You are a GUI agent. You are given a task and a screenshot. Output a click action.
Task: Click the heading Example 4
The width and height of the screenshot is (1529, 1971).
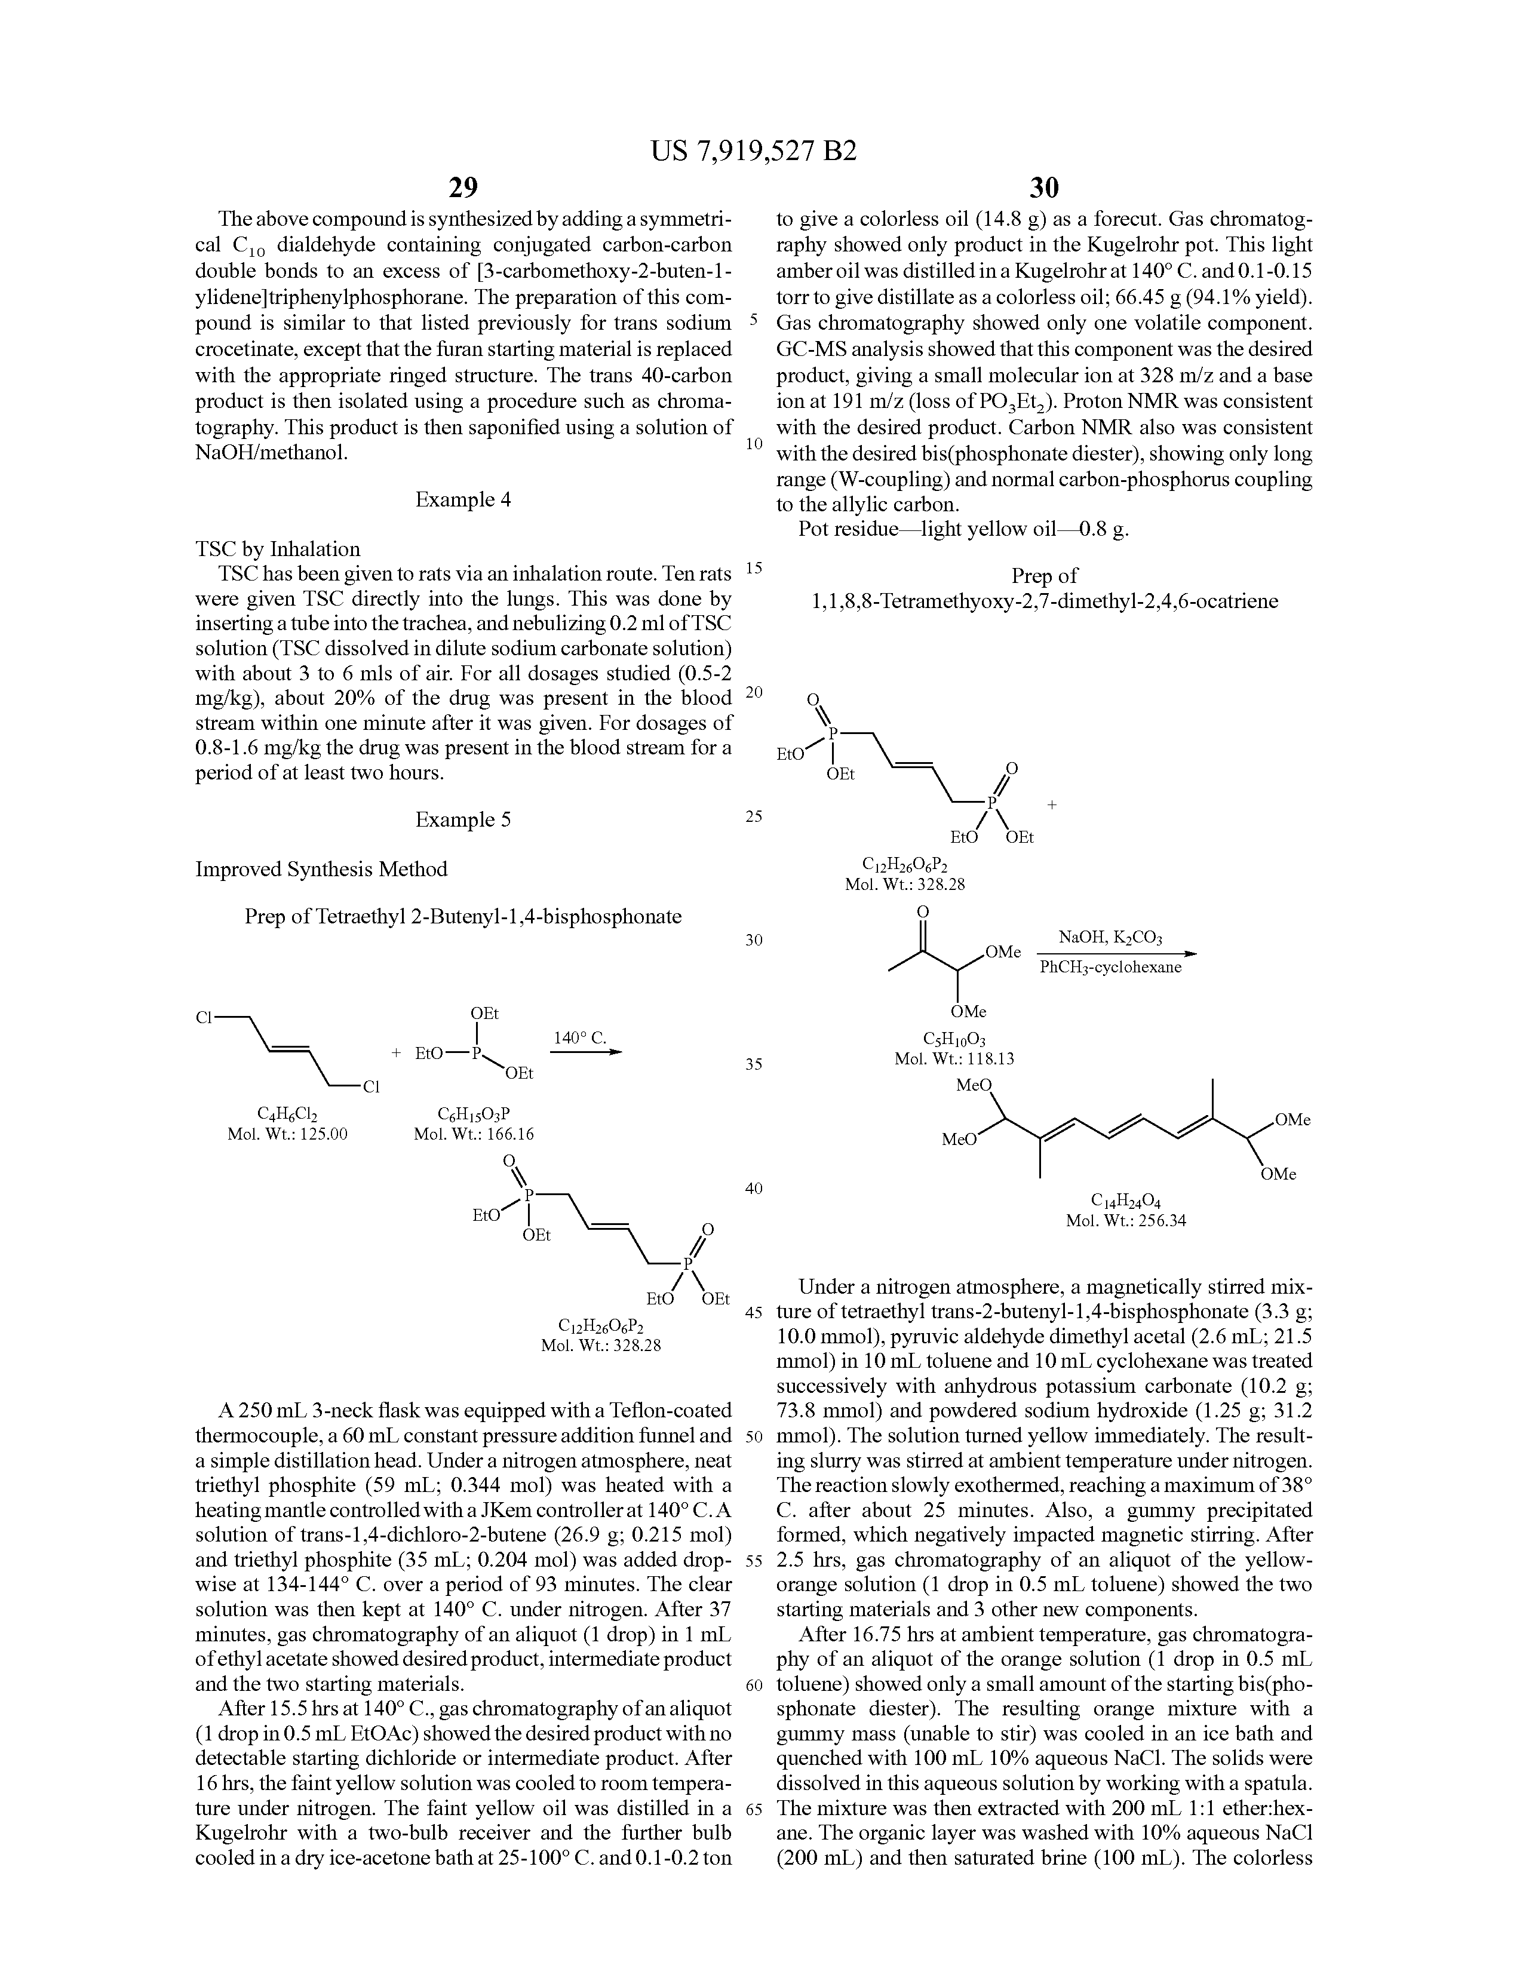(463, 499)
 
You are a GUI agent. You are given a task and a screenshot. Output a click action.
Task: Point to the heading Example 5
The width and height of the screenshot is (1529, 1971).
(463, 819)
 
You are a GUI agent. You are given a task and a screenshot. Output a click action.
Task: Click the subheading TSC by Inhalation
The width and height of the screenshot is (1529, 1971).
(278, 549)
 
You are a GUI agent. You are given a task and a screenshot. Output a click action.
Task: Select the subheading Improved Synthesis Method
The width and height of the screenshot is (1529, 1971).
(321, 869)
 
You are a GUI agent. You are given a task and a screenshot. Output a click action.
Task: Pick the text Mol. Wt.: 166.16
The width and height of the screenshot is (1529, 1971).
(474, 1134)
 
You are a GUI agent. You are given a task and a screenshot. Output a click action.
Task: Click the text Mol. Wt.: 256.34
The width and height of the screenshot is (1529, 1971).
(1125, 1221)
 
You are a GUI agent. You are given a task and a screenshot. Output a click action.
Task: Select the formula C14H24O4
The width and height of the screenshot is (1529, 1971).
(1125, 1201)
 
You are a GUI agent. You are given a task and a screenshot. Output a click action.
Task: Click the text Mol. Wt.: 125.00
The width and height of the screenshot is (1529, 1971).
(288, 1134)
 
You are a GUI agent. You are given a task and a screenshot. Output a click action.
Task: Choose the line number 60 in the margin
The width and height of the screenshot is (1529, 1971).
(754, 1686)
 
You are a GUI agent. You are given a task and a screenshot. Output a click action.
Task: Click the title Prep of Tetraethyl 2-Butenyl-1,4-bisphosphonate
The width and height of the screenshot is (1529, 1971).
(463, 917)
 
